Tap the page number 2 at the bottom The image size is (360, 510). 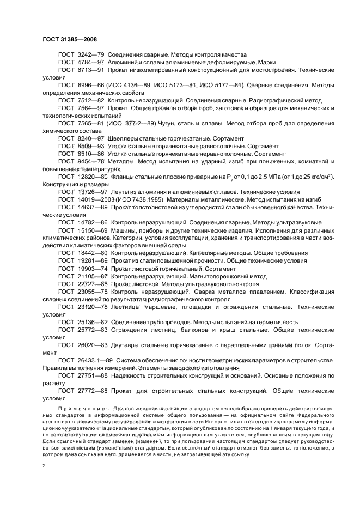pos(44,466)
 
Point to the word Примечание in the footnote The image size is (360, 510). pos(77,409)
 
